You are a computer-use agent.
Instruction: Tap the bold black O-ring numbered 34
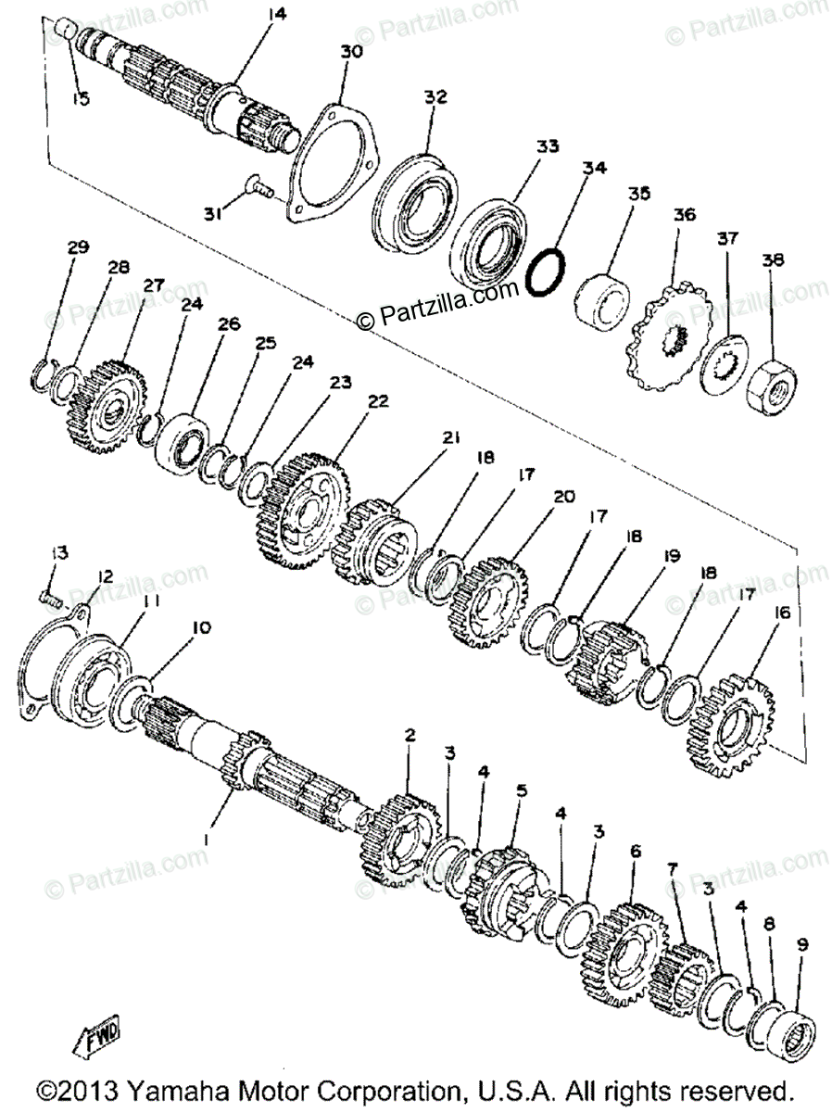pyautogui.click(x=546, y=272)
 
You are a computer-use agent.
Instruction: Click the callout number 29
pyautogui.click(x=78, y=246)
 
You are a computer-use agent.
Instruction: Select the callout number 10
pyautogui.click(x=201, y=628)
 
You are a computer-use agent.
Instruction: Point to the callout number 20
pyautogui.click(x=563, y=497)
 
